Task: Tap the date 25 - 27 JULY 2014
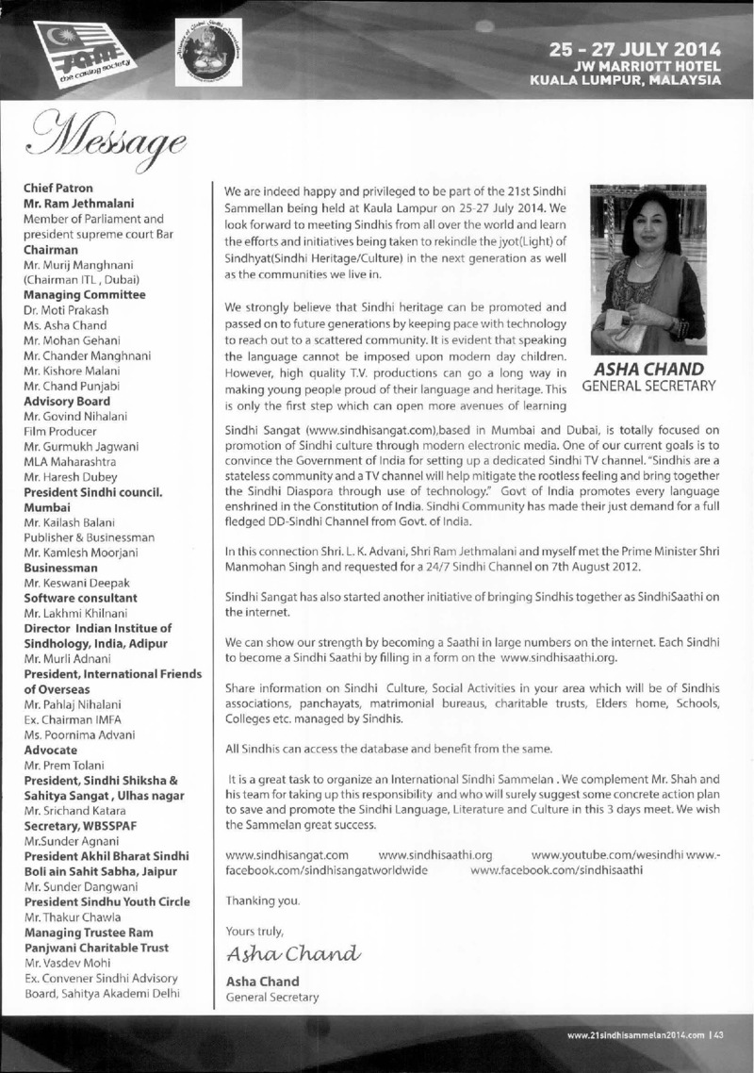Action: tap(636, 49)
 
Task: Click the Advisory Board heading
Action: tap(66, 401)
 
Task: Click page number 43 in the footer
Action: tap(717, 1033)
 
